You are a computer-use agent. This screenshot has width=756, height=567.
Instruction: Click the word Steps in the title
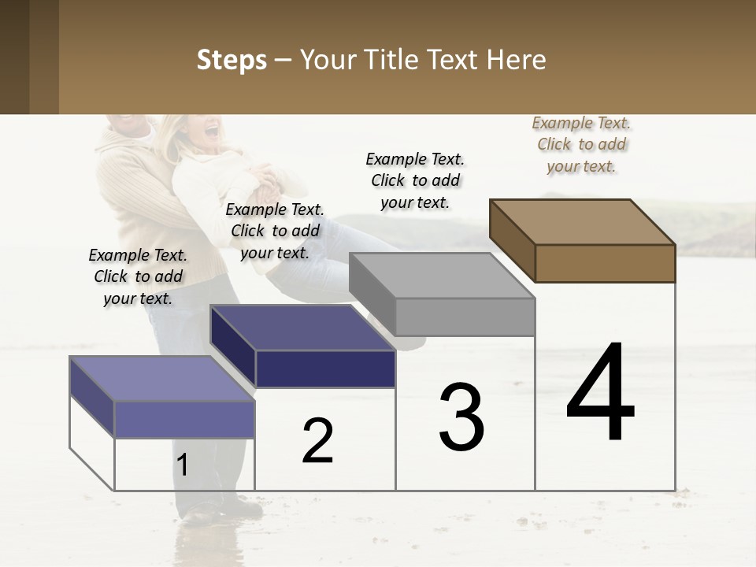pyautogui.click(x=232, y=60)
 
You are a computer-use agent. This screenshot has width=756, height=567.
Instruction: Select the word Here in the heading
pyautogui.click(x=517, y=60)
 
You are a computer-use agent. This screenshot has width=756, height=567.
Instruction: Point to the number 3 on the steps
pyautogui.click(x=461, y=417)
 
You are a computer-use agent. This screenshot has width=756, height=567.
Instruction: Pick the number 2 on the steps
pyautogui.click(x=317, y=441)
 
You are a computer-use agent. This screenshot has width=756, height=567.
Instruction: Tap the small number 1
pyautogui.click(x=183, y=465)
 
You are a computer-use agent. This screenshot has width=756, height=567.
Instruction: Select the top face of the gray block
pyautogui.click(x=442, y=275)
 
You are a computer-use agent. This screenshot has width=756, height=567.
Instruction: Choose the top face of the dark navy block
pyautogui.click(x=303, y=328)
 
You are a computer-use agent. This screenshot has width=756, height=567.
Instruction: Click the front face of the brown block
pyautogui.click(x=605, y=263)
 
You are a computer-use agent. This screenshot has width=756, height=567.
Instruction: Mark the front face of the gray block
pyautogui.click(x=465, y=317)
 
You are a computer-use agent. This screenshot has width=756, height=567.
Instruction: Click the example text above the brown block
pyautogui.click(x=581, y=145)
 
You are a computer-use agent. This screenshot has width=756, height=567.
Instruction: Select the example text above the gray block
pyautogui.click(x=415, y=180)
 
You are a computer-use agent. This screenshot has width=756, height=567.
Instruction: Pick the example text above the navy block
pyautogui.click(x=275, y=231)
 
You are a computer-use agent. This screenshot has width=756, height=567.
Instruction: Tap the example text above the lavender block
pyautogui.click(x=138, y=276)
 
